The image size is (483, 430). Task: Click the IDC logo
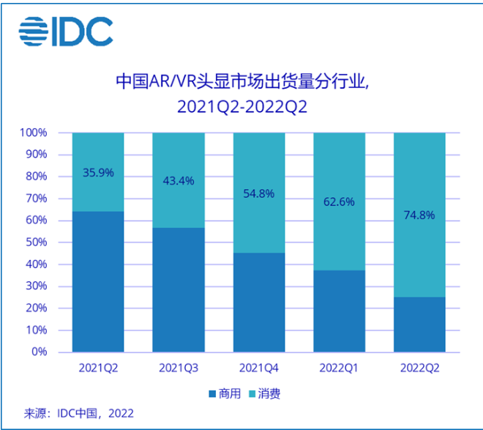pos(66,31)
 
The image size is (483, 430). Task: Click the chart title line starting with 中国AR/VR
pos(241,81)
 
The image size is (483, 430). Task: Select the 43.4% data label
pos(178,181)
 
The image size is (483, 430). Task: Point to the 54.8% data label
pos(258,193)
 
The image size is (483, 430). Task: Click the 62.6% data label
pos(339,201)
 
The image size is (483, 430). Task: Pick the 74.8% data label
pos(419,215)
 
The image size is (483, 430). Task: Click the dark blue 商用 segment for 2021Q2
pos(98,282)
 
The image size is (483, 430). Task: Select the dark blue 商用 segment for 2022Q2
pos(419,325)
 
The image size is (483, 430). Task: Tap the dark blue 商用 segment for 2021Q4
pos(258,303)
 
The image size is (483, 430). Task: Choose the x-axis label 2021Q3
pos(178,367)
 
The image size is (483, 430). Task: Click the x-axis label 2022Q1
pos(339,367)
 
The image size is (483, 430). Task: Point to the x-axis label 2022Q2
pos(419,367)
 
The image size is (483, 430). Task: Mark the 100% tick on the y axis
pos(33,133)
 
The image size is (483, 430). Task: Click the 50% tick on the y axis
pos(35,242)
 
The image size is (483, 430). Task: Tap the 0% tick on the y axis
pos(38,352)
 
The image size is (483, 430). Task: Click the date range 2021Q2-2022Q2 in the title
pos(241,107)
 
